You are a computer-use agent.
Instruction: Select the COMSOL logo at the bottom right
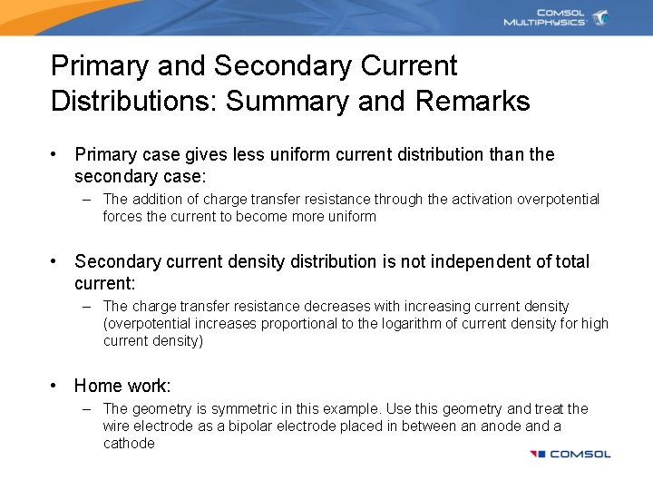tap(570, 454)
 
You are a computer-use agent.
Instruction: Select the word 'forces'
tap(122, 217)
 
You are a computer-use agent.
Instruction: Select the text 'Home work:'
tap(122, 386)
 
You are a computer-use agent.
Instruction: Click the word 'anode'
tap(499, 426)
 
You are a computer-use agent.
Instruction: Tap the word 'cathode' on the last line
tap(129, 444)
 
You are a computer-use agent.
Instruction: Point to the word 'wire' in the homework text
tap(117, 426)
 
